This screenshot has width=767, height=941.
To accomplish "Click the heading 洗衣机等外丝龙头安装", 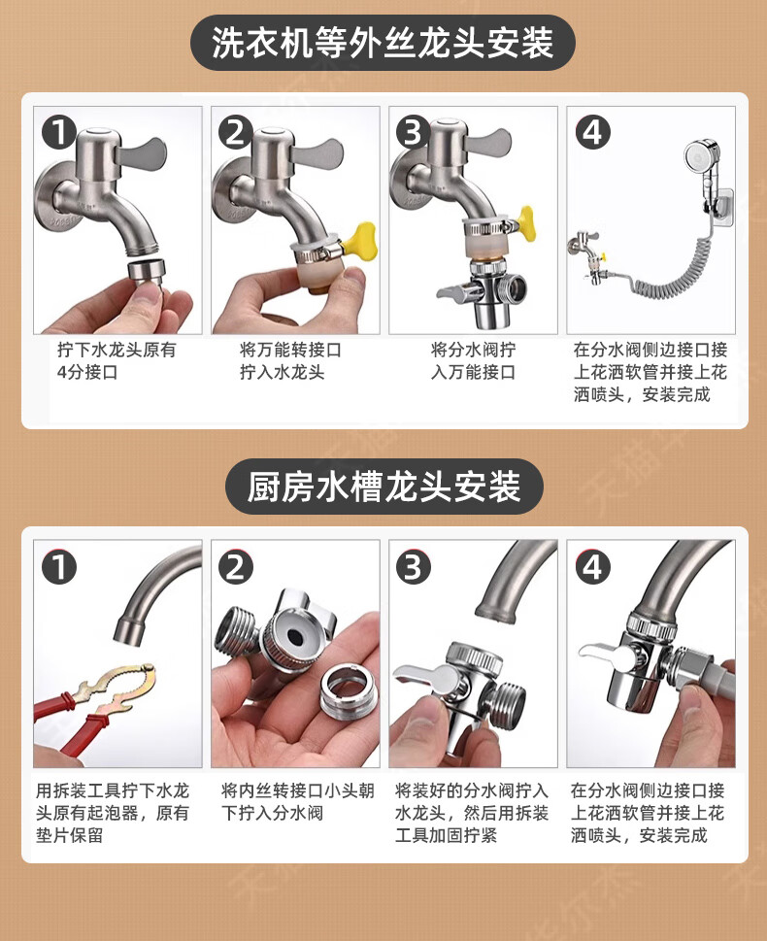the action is pos(383,43).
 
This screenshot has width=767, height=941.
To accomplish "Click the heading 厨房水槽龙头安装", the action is pos(383,487).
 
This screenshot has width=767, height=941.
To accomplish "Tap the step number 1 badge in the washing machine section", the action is pos(58,133).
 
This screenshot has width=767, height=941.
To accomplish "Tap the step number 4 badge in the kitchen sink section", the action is pos(592,567).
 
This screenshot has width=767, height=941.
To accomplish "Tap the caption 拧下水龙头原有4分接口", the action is pos(117,360).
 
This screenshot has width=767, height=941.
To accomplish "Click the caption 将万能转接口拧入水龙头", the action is pos(290,360).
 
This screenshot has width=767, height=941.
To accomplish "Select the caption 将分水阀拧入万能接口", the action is pos(473,360).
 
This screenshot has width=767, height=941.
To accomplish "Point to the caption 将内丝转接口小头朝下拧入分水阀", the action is pos(298,802).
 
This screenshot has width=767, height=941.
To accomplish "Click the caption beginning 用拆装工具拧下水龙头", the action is pos(113,813).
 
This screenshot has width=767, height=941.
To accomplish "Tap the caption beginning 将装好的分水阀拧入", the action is pos(472,813).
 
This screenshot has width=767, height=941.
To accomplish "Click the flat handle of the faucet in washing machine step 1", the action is pos(143,154).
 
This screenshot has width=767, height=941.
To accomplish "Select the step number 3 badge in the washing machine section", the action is pos(414,133).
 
